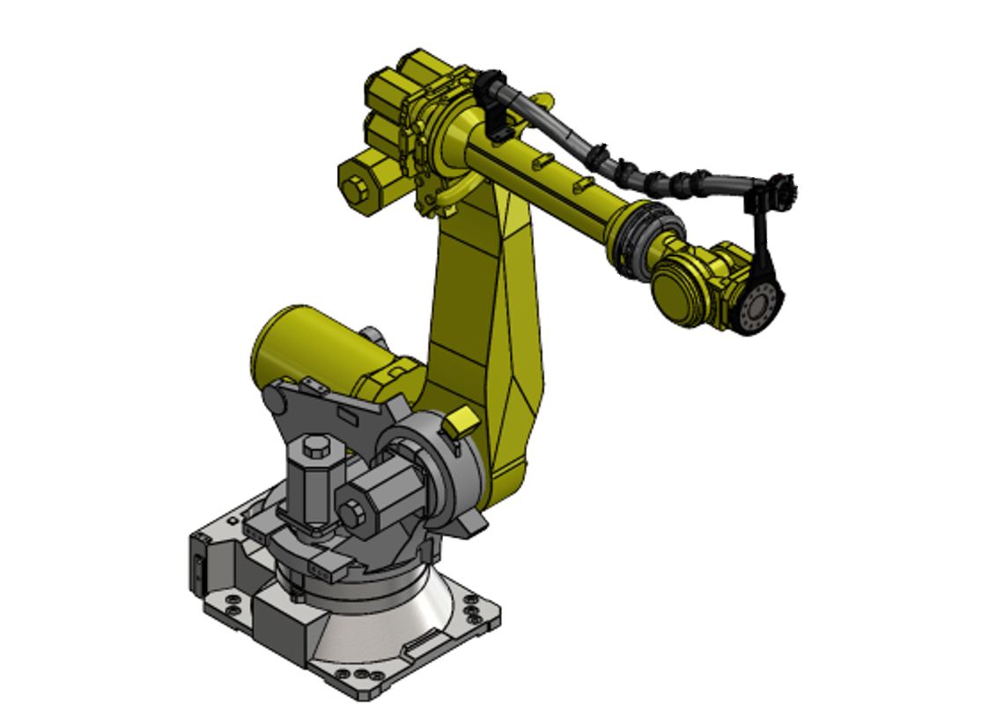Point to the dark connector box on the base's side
[x=198, y=564]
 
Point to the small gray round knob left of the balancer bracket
[x=273, y=402]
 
